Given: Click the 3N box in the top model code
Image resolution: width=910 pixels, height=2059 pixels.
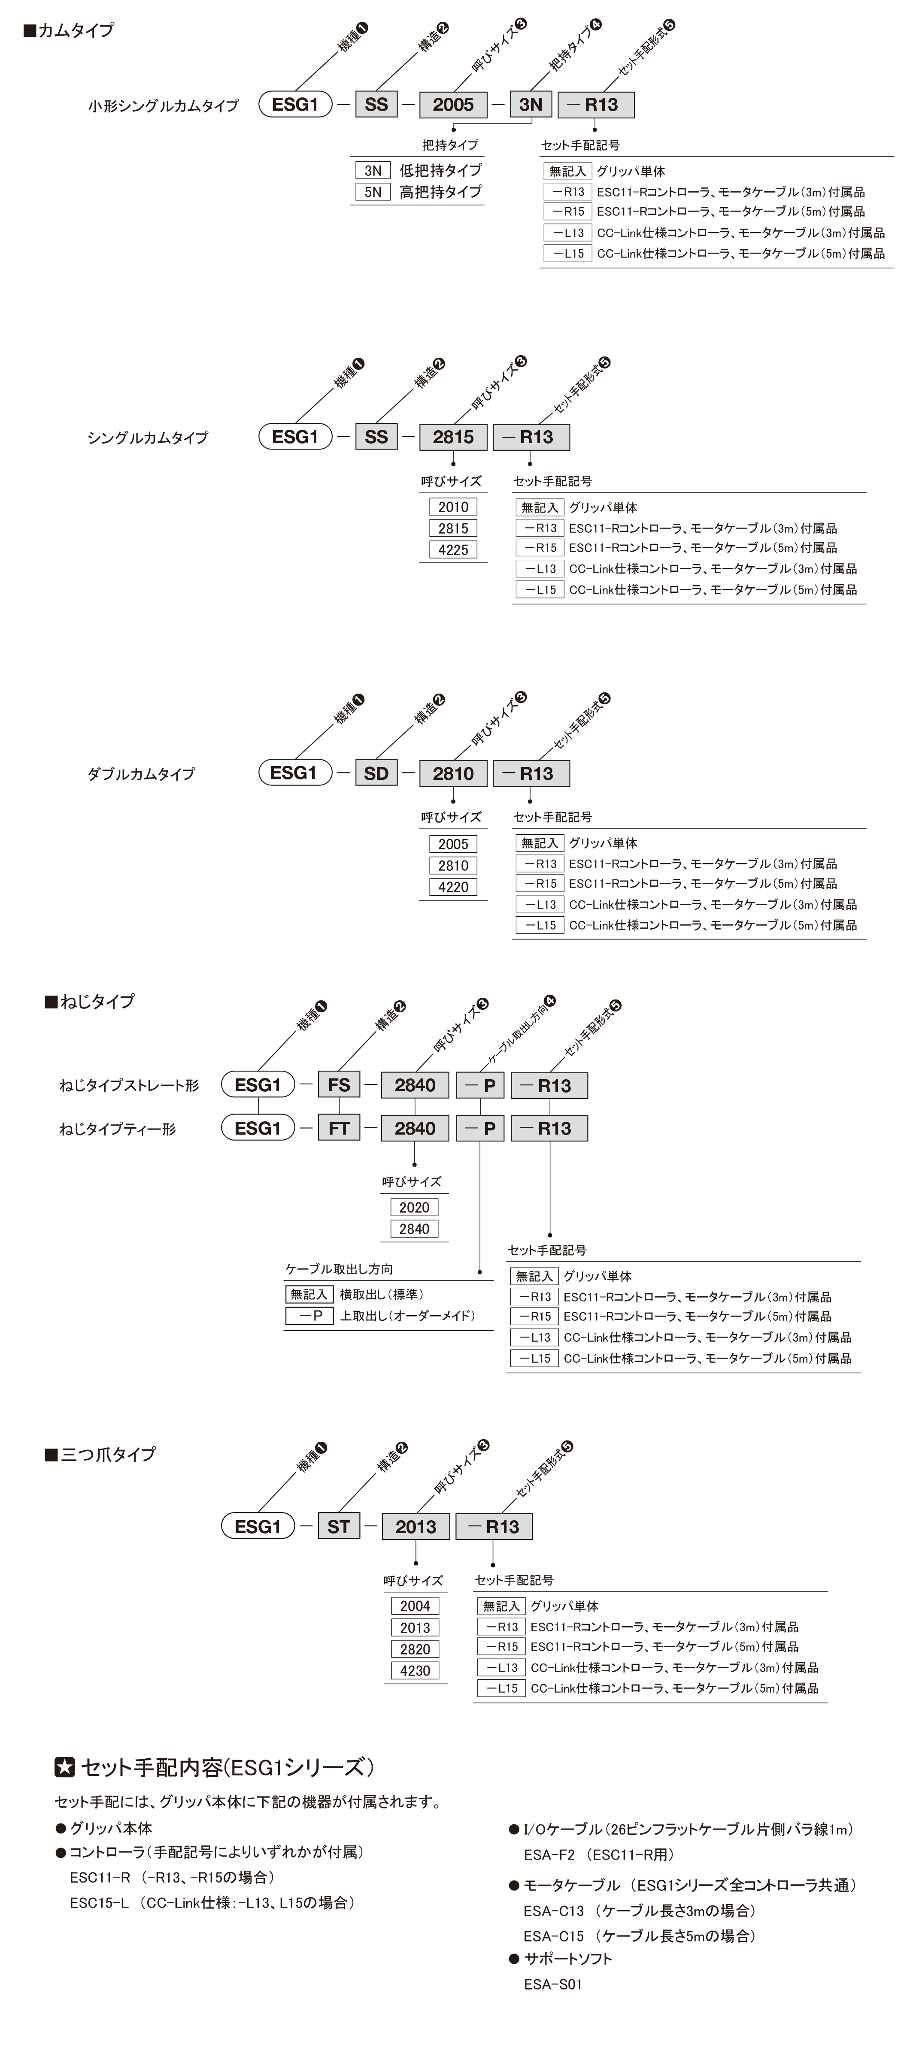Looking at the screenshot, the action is click(531, 105).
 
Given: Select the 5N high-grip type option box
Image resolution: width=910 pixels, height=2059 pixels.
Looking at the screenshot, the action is click(373, 192).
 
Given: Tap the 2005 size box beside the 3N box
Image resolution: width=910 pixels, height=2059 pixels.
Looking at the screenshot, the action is click(453, 105).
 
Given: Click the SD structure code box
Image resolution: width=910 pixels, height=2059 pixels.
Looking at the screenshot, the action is click(376, 773).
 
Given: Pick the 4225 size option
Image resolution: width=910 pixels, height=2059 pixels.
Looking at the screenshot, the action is click(453, 550).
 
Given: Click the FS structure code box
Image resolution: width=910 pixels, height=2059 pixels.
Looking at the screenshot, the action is click(339, 1085).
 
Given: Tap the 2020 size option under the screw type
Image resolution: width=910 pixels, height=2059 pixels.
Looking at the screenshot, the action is click(414, 1208).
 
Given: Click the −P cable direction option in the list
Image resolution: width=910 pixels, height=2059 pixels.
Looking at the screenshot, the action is click(309, 1316).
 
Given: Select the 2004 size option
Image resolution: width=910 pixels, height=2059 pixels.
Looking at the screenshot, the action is click(415, 1606).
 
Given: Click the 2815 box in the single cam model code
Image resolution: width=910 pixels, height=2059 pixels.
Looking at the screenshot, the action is click(453, 437).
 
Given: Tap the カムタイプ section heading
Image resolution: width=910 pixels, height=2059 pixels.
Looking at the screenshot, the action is click(70, 30).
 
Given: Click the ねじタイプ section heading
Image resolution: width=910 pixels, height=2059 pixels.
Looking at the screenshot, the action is click(90, 1002).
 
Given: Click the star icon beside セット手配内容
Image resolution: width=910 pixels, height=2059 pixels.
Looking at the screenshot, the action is click(65, 1767).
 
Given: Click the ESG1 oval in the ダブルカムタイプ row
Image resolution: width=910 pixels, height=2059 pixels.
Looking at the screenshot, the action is click(295, 773).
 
